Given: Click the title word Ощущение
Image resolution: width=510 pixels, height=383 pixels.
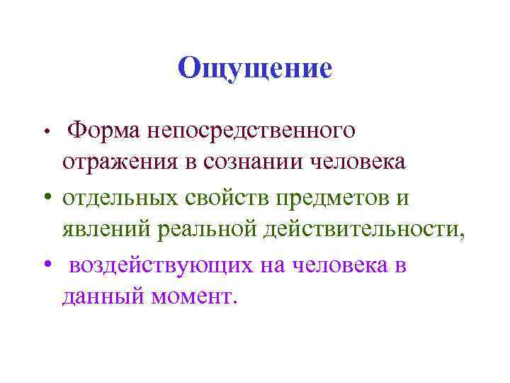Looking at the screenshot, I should (x=255, y=68).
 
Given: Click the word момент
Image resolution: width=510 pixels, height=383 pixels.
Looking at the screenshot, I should (x=190, y=296).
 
